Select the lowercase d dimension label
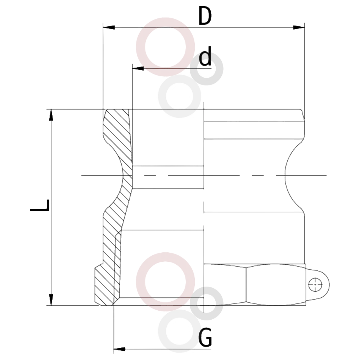pyautogui.click(x=205, y=56)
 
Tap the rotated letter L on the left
pyautogui.click(x=40, y=205)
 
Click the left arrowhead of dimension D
pyautogui.click(x=109, y=28)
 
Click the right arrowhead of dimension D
pyautogui.click(x=299, y=28)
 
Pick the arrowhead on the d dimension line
pyautogui.click(x=138, y=68)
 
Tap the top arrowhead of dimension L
pyautogui.click(x=51, y=115)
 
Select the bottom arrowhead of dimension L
pyautogui.click(x=51, y=300)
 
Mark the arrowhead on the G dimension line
pyautogui.click(x=120, y=349)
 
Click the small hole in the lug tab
pyautogui.click(x=315, y=284)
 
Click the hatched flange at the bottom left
pyautogui.click(x=104, y=286)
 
